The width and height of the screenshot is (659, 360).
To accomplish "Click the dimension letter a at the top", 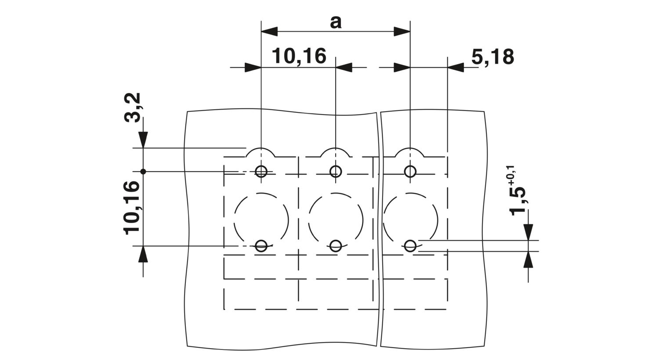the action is click(x=336, y=23).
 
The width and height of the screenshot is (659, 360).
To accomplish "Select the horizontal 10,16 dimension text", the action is click(x=299, y=56).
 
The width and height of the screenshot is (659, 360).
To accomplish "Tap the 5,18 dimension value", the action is click(x=493, y=57).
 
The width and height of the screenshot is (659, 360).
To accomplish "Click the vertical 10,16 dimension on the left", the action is click(x=131, y=208).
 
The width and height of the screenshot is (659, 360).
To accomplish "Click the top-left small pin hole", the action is click(x=261, y=171).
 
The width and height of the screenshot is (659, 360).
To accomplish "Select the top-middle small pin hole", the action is click(x=336, y=171).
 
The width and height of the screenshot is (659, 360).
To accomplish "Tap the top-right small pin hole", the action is click(x=410, y=171).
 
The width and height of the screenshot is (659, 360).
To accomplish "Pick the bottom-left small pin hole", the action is click(x=261, y=246).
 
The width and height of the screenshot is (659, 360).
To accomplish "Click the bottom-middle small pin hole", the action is click(x=336, y=246).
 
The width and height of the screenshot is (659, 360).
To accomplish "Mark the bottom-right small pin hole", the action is click(x=410, y=246).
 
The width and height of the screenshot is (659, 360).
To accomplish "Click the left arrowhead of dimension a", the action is click(x=269, y=32).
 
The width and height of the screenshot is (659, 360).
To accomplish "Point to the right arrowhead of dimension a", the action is click(x=402, y=32).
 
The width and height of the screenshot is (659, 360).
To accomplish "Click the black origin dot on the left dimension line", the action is click(x=143, y=171).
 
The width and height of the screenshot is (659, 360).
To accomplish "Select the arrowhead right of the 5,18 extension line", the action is click(x=456, y=68).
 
